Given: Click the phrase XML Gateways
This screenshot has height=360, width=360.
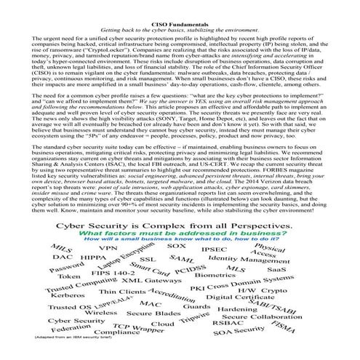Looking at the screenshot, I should click(x=151, y=280).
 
